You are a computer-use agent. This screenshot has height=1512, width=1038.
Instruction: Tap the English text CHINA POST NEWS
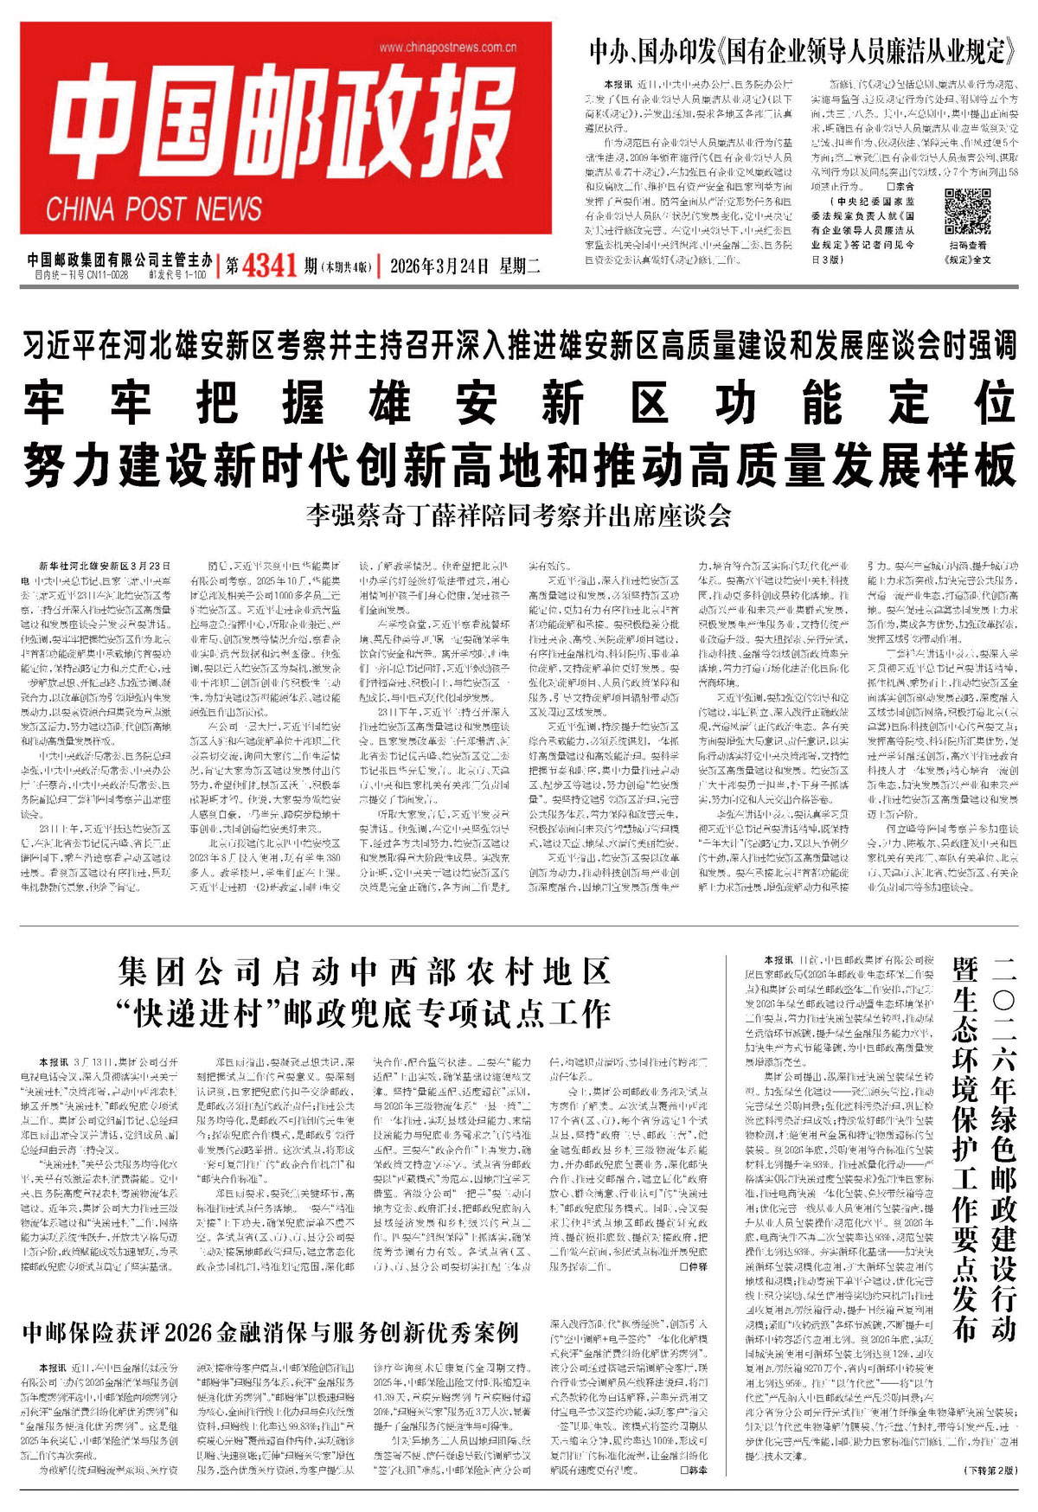[x=154, y=209]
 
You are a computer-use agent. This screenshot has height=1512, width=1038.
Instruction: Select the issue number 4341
[x=270, y=266]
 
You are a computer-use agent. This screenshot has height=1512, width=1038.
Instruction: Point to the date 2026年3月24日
[x=439, y=266]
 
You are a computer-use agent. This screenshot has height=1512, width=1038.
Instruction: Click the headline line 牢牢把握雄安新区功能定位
[x=519, y=404]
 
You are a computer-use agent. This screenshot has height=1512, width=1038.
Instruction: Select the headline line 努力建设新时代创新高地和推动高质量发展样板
[x=519, y=464]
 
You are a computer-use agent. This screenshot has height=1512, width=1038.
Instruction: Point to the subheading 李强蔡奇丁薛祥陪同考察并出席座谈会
[x=519, y=516]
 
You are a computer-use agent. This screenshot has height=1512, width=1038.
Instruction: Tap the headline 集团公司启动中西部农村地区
[x=365, y=973]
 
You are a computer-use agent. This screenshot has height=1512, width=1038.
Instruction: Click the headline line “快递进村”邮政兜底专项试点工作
[x=365, y=1012]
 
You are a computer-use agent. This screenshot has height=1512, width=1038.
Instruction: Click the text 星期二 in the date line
[x=519, y=266]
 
